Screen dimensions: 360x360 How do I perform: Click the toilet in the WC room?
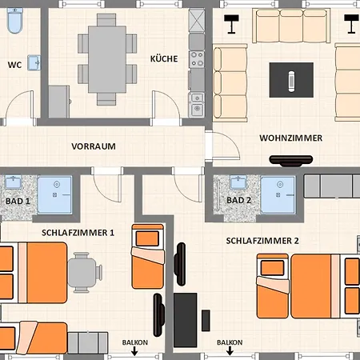(x=15, y=21)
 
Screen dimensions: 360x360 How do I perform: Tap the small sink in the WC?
(x=34, y=62)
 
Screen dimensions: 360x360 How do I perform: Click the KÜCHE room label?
(x=164, y=58)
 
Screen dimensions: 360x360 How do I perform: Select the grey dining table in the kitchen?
(x=107, y=59)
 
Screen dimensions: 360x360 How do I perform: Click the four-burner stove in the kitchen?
(x=197, y=59)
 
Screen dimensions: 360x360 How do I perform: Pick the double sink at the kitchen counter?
(x=197, y=105)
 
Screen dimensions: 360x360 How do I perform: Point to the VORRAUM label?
(x=94, y=146)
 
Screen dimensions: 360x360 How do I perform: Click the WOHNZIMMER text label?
(x=291, y=138)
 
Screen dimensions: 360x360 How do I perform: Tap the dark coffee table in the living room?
(x=291, y=80)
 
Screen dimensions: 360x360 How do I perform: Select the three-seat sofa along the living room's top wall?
(x=291, y=26)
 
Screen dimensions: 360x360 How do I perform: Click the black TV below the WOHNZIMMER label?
(x=291, y=161)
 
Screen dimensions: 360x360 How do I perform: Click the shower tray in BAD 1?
(x=54, y=195)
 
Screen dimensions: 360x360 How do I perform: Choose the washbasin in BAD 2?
(x=238, y=182)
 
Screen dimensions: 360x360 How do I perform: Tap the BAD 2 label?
(x=239, y=200)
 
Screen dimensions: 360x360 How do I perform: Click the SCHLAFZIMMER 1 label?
(x=78, y=233)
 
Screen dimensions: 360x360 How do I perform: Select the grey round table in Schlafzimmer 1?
(x=82, y=273)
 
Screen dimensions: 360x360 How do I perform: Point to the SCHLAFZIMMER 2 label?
(x=262, y=241)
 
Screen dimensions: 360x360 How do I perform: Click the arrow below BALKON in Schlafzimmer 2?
(x=230, y=351)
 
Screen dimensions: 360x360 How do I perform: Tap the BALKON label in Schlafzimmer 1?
(x=135, y=342)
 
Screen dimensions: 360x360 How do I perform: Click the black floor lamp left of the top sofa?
(x=231, y=24)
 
